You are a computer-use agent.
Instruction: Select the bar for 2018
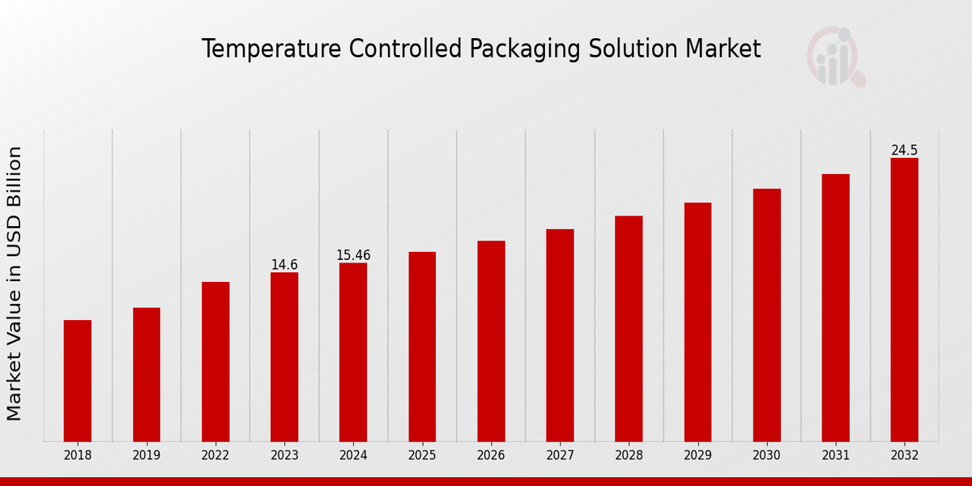(78, 381)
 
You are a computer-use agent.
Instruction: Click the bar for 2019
(147, 374)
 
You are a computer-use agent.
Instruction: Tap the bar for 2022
(215, 361)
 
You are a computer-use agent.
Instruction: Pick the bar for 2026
(491, 341)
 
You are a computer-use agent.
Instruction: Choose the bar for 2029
(697, 322)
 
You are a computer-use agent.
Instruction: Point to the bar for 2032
(904, 300)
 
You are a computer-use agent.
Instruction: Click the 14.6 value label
(284, 265)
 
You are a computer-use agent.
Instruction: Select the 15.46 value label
(353, 255)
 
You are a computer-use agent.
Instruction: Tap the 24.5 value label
(904, 151)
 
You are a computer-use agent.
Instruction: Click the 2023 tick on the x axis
(284, 456)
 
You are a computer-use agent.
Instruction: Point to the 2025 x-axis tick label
(422, 456)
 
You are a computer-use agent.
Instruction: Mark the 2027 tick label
(560, 456)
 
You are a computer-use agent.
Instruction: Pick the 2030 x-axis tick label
(766, 456)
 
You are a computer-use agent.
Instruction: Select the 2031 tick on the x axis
(835, 456)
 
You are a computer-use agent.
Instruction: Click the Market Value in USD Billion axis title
(15, 283)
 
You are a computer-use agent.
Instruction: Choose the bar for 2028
(629, 328)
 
